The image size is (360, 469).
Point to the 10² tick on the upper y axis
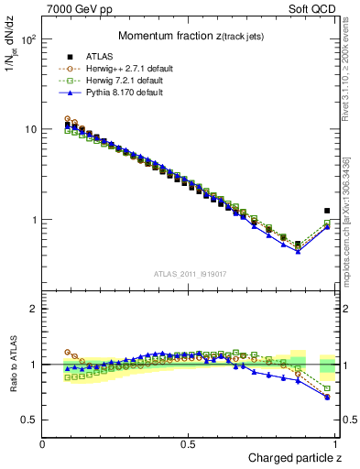pos(29,40)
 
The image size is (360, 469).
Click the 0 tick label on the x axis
pos(43,444)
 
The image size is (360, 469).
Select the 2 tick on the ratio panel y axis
pos(35,309)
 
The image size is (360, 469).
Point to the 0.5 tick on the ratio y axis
pos(30,420)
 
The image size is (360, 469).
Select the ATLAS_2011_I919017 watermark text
pos(190,273)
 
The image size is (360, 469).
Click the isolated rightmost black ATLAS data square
pos(327,211)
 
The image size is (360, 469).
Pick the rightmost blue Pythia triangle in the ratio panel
pos(327,398)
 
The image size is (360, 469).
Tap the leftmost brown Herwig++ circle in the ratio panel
pos(68,352)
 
